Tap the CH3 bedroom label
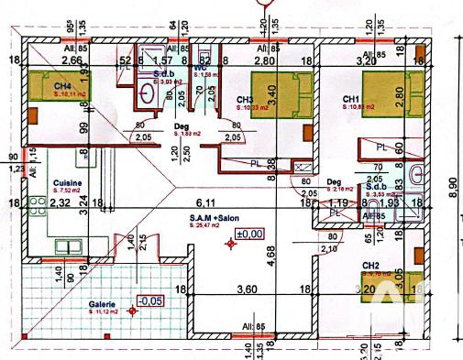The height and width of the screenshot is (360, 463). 244,100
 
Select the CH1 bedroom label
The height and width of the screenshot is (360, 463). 350,100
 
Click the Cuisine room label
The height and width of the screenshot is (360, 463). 65,183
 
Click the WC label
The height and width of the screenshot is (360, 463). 199,67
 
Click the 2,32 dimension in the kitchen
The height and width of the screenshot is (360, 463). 61,202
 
